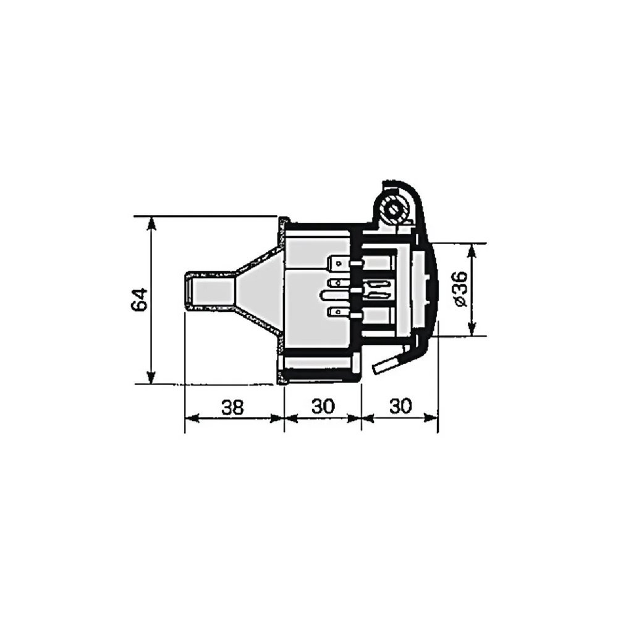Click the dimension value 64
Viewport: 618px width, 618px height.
[140, 300]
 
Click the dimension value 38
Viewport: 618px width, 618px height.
[232, 407]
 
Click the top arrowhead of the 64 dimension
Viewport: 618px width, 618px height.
[150, 224]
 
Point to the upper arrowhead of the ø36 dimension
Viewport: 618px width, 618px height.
[472, 250]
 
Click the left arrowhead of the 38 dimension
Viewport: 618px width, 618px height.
[192, 418]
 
